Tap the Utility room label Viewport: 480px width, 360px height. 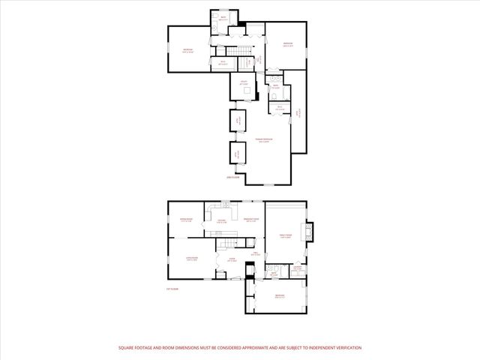(x=244, y=82)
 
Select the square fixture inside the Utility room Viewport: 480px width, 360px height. (x=244, y=92)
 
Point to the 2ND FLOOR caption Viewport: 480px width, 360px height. (x=234, y=178)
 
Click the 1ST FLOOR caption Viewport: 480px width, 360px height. (x=173, y=288)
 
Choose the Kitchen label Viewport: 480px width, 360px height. (x=222, y=221)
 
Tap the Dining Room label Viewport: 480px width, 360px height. (x=187, y=220)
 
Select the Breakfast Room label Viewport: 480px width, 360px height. (x=251, y=220)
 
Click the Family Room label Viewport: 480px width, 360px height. (x=285, y=238)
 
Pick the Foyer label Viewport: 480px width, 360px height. (x=232, y=259)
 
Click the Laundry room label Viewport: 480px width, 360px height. (x=298, y=268)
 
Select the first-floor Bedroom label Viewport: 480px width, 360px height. (x=279, y=296)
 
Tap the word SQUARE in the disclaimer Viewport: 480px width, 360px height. (x=126, y=348)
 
